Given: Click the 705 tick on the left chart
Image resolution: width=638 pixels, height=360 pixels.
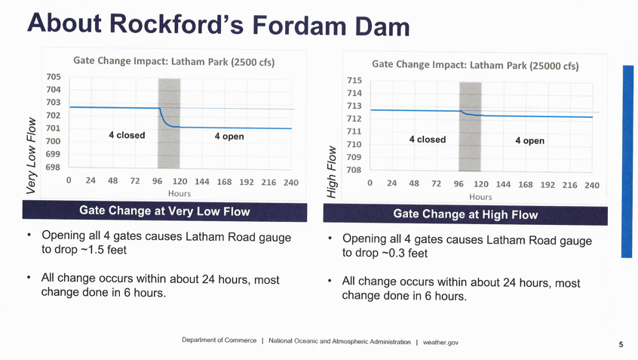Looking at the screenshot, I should (x=53, y=77).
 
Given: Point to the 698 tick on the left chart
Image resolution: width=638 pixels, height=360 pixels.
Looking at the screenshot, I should (x=53, y=166).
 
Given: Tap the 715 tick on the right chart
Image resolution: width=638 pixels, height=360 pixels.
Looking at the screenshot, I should (x=354, y=81).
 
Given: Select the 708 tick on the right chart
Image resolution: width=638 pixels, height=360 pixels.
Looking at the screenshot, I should (x=354, y=170).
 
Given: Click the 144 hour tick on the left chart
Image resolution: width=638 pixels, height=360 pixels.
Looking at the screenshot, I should (x=202, y=182).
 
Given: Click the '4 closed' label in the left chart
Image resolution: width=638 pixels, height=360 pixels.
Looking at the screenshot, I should (x=127, y=135).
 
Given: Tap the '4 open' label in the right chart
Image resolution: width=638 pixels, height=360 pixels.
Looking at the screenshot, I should (x=529, y=140).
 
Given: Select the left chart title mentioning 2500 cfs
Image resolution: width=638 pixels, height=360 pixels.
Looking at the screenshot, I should (x=173, y=61).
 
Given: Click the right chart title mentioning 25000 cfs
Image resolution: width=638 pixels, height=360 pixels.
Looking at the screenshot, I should (x=475, y=65).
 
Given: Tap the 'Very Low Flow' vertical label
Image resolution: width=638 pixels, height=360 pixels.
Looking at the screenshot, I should (x=31, y=155).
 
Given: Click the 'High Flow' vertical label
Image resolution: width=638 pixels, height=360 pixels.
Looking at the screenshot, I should (x=331, y=172).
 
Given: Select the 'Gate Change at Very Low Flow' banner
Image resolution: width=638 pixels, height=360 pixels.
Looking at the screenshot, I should (x=164, y=211).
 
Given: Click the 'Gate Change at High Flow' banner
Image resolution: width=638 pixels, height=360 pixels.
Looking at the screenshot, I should (x=465, y=214).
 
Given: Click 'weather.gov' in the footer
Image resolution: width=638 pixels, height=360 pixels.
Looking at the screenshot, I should (x=440, y=343).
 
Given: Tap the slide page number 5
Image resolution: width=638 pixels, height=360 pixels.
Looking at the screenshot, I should (x=621, y=344).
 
